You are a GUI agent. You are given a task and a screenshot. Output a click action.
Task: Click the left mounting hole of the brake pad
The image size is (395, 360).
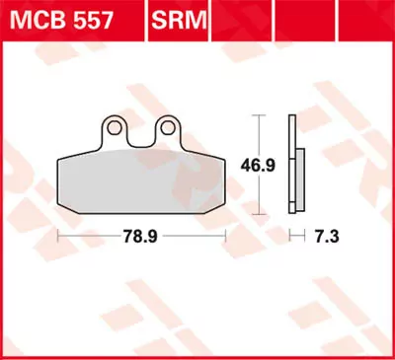pos(117,126)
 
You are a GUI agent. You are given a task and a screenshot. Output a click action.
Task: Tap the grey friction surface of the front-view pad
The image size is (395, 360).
pos(143,178)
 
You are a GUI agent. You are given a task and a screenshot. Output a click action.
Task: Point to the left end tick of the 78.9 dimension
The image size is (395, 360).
pos(58,236)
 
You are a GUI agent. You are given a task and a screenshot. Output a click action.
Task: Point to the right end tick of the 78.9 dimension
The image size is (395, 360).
pos(228,236)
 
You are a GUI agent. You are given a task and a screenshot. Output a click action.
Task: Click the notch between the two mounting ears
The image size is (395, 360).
pos(142,141)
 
